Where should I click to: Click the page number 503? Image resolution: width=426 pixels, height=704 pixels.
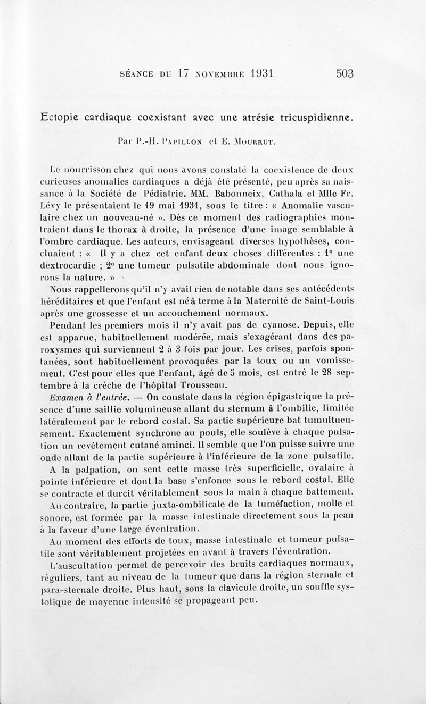click(x=345, y=74)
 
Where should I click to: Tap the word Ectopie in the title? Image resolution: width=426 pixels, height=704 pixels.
click(x=60, y=118)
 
